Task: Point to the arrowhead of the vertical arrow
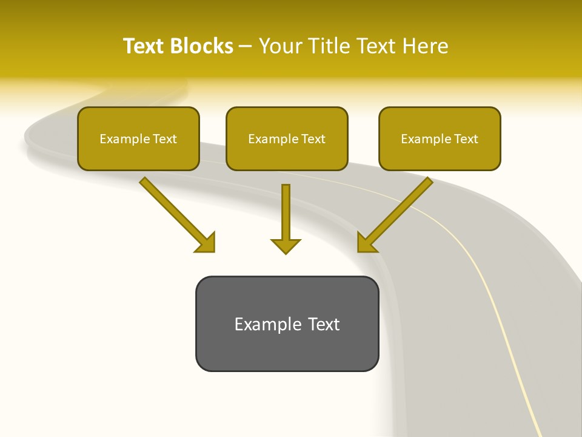point(286,245)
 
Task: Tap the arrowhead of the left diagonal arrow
point(206,242)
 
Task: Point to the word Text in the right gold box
point(466,139)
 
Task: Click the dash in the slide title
point(246,47)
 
